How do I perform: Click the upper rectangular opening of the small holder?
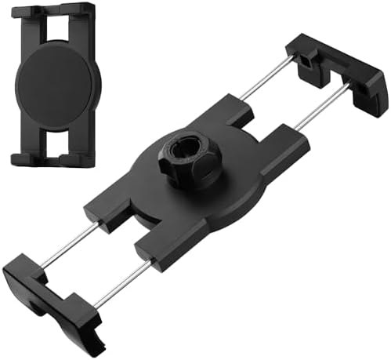[52, 27]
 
